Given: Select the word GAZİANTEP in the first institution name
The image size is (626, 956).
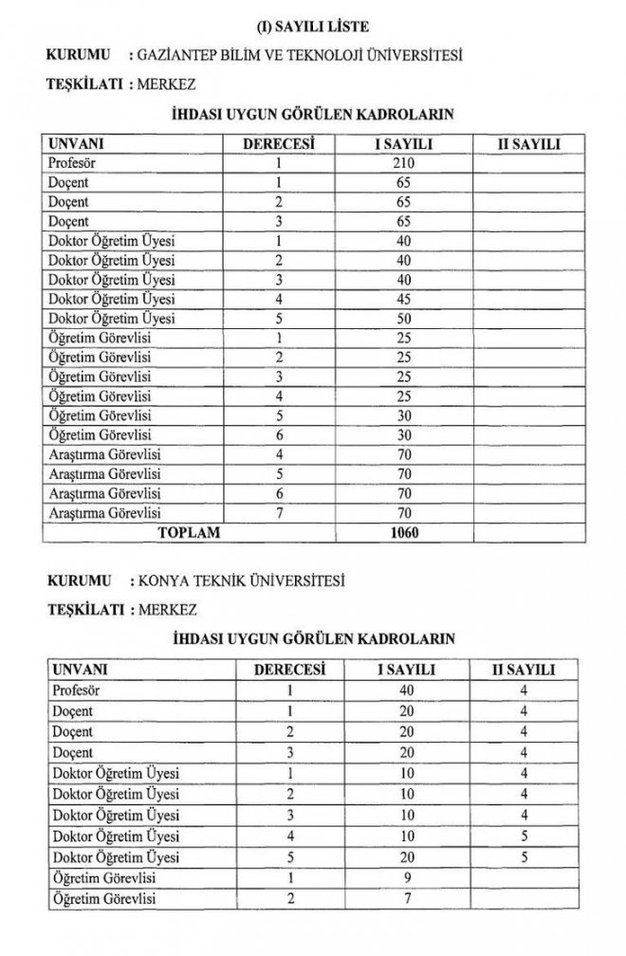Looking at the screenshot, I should pyautogui.click(x=180, y=55).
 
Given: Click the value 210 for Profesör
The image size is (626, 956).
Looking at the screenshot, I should pyautogui.click(x=406, y=163).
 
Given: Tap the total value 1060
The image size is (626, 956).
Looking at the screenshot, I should pyautogui.click(x=405, y=533).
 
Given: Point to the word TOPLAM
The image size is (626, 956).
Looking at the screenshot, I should pyautogui.click(x=188, y=533).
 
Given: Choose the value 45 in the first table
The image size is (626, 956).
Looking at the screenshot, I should pyautogui.click(x=406, y=299).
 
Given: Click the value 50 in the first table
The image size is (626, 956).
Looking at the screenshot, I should pyautogui.click(x=406, y=318).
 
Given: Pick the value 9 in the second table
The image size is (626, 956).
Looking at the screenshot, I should pyautogui.click(x=406, y=877).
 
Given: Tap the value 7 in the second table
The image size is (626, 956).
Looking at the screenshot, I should pyautogui.click(x=406, y=897).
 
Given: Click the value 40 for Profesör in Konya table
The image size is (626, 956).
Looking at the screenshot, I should pyautogui.click(x=406, y=689).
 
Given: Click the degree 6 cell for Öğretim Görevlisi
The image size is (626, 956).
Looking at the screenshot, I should pyautogui.click(x=279, y=434).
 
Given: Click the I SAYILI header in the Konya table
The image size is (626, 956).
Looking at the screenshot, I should pyautogui.click(x=406, y=670).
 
